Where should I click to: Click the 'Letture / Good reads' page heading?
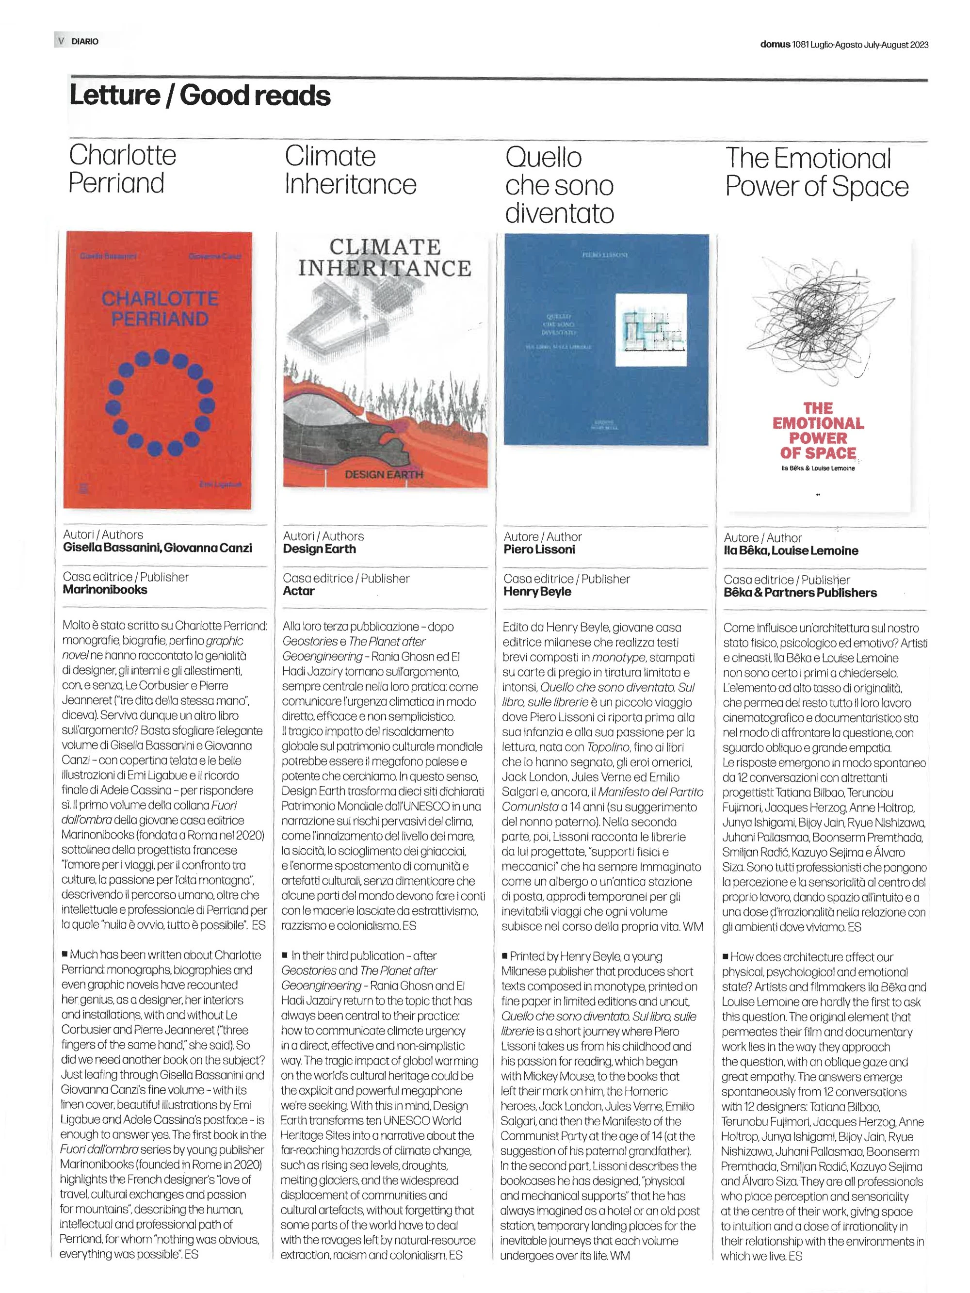click(199, 95)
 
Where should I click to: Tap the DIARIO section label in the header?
click(85, 42)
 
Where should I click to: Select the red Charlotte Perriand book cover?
click(158, 370)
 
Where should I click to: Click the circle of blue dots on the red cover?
click(160, 403)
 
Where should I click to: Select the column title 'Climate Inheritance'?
click(350, 170)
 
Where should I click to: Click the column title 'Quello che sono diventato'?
click(560, 185)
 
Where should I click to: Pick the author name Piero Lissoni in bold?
click(539, 550)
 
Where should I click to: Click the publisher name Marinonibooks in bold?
click(105, 589)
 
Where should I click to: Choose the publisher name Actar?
click(298, 591)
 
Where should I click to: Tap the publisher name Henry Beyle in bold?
click(537, 592)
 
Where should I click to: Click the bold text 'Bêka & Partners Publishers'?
click(800, 593)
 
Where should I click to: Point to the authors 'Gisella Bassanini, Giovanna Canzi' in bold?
click(157, 548)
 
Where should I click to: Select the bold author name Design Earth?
click(319, 549)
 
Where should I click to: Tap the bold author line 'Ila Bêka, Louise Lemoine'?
click(791, 550)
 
